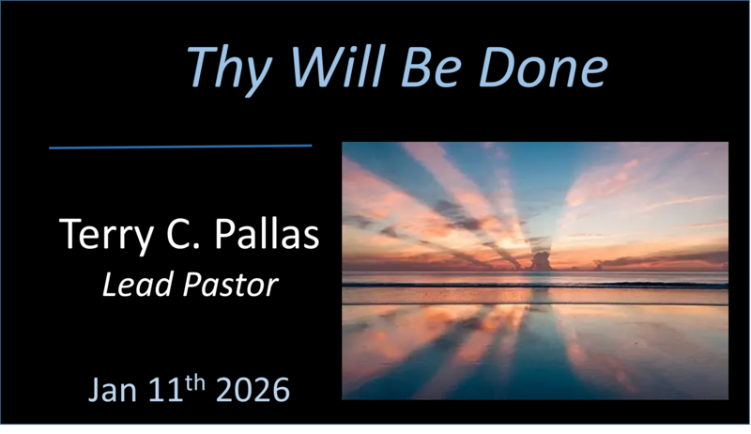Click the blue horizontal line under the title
[179, 147]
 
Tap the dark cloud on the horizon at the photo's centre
[543, 259]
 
